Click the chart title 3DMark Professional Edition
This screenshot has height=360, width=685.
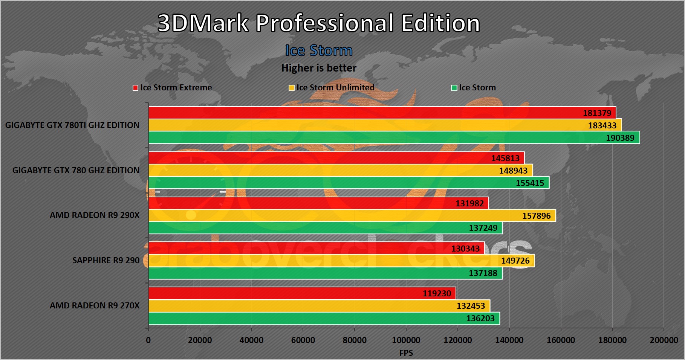319,23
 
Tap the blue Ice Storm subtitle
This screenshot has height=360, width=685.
319,50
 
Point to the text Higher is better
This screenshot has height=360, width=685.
319,68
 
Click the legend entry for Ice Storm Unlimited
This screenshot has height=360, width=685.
332,88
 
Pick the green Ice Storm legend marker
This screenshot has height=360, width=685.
454,88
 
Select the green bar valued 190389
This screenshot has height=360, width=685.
377,138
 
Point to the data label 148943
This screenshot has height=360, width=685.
513,171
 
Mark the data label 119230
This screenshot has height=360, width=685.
437,293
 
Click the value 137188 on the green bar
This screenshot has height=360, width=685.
483,273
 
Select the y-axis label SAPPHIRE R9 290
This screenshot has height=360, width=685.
106,260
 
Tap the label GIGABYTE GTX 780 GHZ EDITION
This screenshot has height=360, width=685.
76,170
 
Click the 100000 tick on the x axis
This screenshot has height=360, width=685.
406,340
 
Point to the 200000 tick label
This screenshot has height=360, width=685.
664,340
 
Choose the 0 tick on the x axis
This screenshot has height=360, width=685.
148,340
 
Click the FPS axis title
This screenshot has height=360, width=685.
406,353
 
